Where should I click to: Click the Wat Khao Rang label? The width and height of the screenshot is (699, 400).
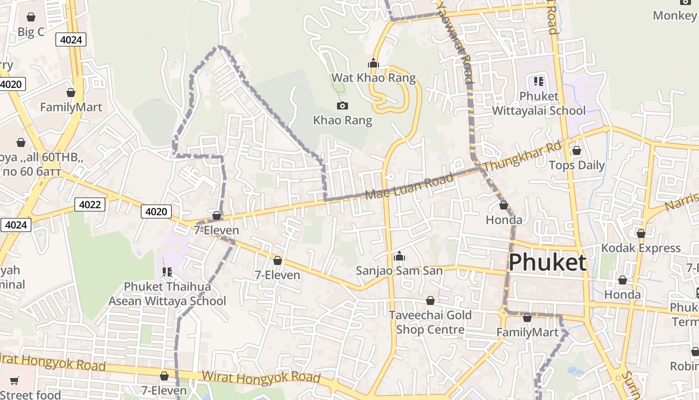(373, 78)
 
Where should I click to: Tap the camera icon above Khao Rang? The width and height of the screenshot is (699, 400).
(343, 105)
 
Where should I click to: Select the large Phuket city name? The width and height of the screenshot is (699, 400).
(547, 262)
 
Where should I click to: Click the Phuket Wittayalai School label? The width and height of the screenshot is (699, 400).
(539, 103)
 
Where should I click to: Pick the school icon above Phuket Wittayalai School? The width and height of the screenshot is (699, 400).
(538, 81)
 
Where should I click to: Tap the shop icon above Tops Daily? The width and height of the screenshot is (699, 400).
(577, 150)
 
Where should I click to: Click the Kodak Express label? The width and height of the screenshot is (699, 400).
(641, 248)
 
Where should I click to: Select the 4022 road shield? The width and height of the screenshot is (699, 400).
(90, 204)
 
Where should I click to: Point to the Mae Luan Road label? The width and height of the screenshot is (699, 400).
(409, 186)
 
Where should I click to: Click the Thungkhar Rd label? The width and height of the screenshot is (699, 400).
(523, 156)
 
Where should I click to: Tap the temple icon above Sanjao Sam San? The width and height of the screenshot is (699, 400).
(399, 256)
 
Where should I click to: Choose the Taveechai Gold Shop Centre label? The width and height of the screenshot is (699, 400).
(430, 322)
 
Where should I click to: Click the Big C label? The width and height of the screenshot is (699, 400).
(31, 32)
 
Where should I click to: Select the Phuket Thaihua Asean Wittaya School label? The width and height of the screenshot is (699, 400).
(167, 294)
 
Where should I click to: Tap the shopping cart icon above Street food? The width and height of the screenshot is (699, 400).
(14, 380)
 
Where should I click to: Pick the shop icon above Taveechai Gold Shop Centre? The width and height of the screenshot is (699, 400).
(430, 300)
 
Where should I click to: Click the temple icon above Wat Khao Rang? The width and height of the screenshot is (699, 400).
(373, 63)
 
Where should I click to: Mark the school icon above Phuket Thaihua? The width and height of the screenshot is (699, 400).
(167, 272)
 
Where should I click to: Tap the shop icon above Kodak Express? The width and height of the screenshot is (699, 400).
(641, 233)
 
